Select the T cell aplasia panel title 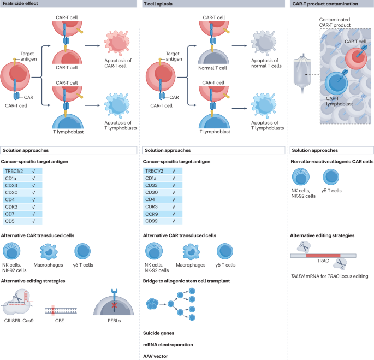pyautogui.click(x=159, y=4)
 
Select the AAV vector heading pyautogui.click(x=156, y=356)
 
